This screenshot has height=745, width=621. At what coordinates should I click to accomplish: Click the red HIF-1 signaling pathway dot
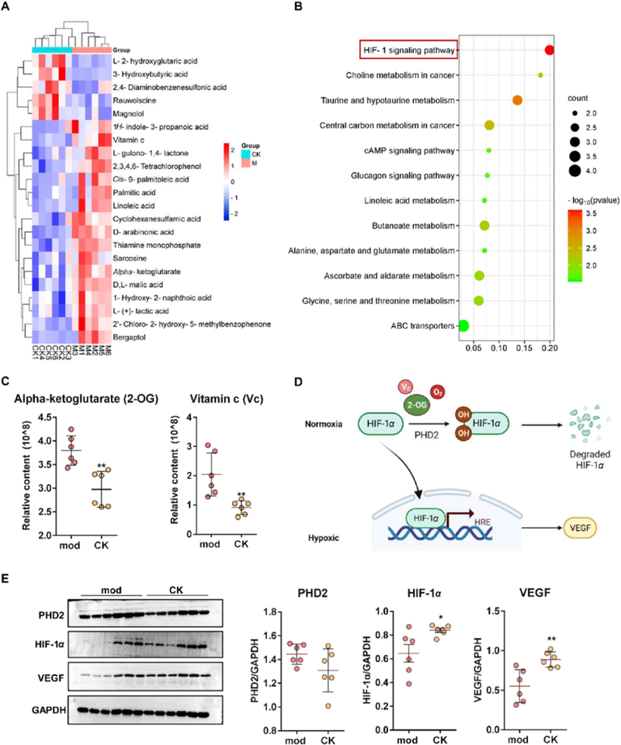[549, 50]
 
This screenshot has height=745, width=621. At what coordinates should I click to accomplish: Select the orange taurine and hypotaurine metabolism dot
[518, 100]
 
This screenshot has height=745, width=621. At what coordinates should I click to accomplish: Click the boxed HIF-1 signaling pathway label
[409, 50]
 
